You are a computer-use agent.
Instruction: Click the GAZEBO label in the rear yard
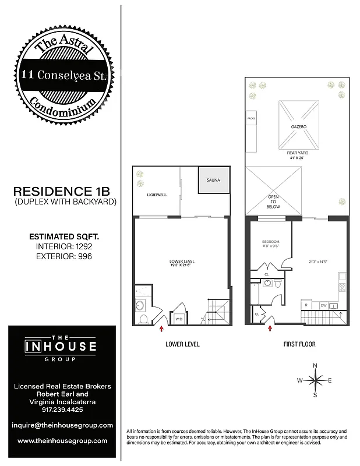[299, 126]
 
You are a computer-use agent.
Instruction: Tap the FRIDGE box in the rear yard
[252, 119]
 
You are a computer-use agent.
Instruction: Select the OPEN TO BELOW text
[273, 202]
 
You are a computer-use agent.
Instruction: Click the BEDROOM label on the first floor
[270, 242]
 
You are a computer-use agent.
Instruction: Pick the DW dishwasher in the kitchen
[323, 305]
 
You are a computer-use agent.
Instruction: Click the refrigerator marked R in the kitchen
[306, 305]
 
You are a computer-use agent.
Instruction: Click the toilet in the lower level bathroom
[143, 319]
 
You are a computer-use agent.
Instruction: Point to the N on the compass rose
[315, 365]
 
